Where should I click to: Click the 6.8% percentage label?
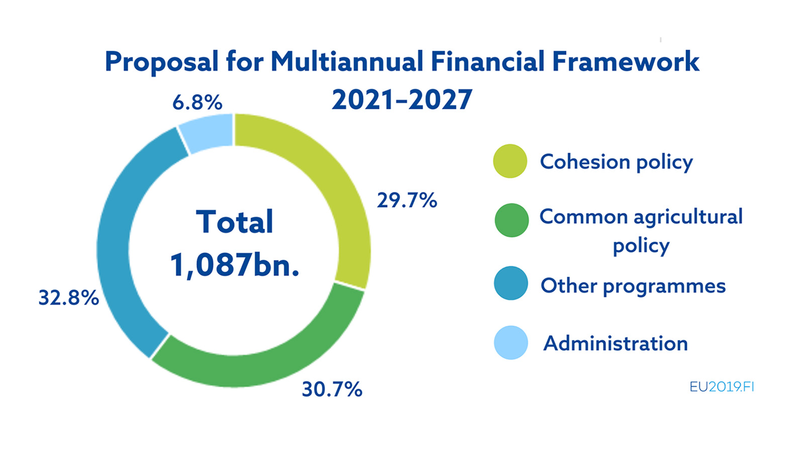pyautogui.click(x=197, y=103)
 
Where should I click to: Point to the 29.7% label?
pyautogui.click(x=407, y=200)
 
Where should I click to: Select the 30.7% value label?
pyautogui.click(x=332, y=389)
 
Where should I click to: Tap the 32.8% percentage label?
pyautogui.click(x=69, y=298)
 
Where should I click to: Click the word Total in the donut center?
pyautogui.click(x=235, y=222)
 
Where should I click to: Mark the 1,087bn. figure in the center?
pyautogui.click(x=235, y=265)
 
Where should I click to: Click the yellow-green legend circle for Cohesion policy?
pyautogui.click(x=510, y=161)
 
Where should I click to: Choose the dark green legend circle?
pyautogui.click(x=512, y=220)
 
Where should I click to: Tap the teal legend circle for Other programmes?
pyautogui.click(x=511, y=283)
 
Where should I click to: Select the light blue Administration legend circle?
pyautogui.click(x=511, y=343)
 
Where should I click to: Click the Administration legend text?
pyautogui.click(x=616, y=344)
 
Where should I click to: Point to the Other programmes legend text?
pyautogui.click(x=633, y=286)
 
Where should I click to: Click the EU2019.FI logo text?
pyautogui.click(x=722, y=387)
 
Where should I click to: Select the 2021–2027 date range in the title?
pyautogui.click(x=402, y=99)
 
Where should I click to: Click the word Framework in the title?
pyautogui.click(x=625, y=62)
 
